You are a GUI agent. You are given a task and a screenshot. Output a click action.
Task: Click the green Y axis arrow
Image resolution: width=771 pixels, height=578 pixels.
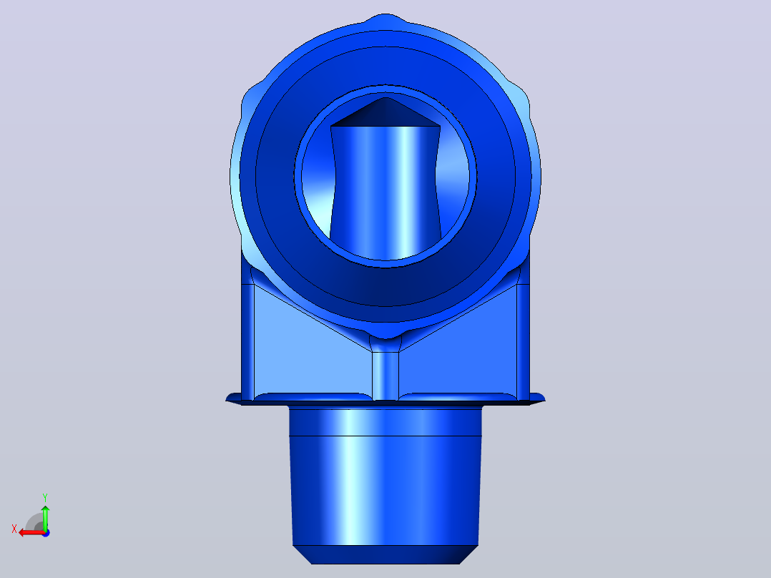pos(45,517)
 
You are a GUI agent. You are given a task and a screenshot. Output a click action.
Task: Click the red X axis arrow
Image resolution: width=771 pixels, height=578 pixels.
pos(32,532)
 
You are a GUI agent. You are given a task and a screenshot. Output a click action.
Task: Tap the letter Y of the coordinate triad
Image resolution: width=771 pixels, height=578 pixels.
pos(45,497)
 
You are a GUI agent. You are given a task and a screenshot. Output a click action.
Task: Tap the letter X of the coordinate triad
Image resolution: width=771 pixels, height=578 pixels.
pos(14,529)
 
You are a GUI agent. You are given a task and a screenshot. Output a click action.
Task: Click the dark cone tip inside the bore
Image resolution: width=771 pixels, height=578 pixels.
pos(385,112)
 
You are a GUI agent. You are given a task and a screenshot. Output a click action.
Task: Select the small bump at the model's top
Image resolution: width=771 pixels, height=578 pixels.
pos(385,19)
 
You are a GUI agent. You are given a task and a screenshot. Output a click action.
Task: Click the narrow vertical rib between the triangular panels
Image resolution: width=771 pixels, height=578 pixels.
pos(385,376)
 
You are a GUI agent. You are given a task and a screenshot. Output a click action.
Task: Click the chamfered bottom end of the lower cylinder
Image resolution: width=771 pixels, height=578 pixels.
pos(385,554)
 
